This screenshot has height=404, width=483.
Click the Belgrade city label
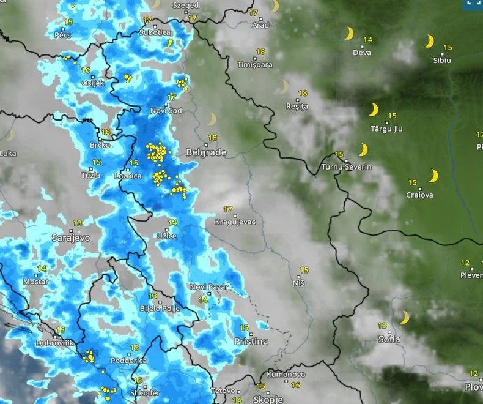click(x=206, y=152)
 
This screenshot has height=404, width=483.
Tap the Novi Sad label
click(x=166, y=111)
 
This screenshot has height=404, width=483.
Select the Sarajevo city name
click(x=71, y=237)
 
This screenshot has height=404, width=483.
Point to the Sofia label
click(x=389, y=339)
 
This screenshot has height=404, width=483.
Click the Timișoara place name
click(x=255, y=64)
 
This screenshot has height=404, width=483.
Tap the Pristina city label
click(x=251, y=341)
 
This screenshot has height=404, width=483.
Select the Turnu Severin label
click(x=347, y=167)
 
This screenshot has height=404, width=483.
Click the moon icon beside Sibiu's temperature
click(x=430, y=42)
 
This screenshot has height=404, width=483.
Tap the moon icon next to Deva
click(x=348, y=33)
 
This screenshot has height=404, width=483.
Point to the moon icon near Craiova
click(x=433, y=176)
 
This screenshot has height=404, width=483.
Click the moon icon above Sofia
click(x=404, y=317)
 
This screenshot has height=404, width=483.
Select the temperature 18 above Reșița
click(x=302, y=94)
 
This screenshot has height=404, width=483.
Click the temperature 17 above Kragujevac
click(x=228, y=210)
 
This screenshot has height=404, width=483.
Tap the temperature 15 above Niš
click(x=304, y=270)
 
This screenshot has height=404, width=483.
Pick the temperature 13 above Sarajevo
click(x=78, y=223)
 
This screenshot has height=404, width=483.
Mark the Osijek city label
click(x=93, y=83)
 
